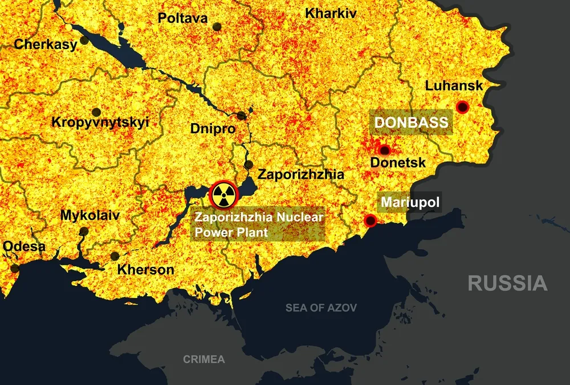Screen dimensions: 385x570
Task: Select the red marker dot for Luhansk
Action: (462, 107)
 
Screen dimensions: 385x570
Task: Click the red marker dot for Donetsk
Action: (385, 150)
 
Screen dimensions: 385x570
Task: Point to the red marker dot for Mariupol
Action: (370, 220)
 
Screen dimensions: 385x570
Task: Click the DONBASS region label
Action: (410, 123)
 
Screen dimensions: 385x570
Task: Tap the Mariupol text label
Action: (410, 203)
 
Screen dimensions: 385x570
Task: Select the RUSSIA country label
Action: (507, 283)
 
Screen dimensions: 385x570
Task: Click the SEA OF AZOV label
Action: (321, 308)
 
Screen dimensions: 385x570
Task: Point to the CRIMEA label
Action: (203, 359)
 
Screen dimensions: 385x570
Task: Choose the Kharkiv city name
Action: (331, 13)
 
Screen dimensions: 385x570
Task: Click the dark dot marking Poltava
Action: (217, 26)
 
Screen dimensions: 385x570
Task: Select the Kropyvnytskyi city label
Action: (100, 122)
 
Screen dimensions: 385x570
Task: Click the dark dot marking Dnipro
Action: (242, 116)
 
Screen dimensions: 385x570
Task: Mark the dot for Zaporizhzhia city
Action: (249, 165)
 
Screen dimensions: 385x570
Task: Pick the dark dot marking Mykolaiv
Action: (84, 231)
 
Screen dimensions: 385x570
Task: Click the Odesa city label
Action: (24, 247)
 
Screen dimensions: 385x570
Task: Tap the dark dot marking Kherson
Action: (115, 256)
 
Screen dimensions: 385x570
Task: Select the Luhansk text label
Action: (454, 86)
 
